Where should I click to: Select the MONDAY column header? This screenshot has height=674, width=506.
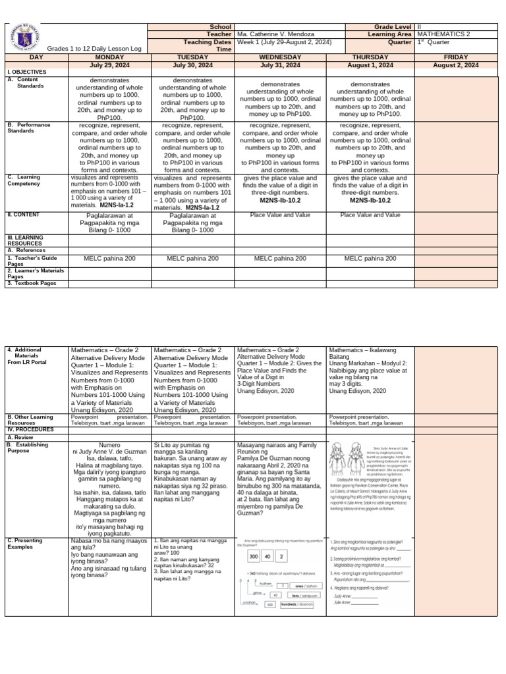coord(109,57)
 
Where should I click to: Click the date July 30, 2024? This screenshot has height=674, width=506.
coord(193,65)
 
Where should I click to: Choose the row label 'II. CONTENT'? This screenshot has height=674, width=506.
coord(24,214)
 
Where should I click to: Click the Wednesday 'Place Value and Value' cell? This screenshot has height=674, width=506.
coord(281,215)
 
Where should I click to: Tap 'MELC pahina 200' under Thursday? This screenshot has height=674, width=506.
coord(370,259)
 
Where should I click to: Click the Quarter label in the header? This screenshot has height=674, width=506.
coord(398,42)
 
